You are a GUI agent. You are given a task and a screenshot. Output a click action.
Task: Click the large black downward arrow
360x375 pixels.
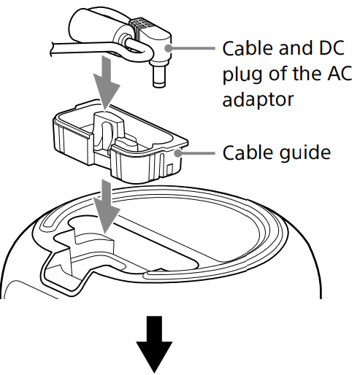[154, 344]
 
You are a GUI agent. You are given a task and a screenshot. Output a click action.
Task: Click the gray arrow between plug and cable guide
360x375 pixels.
[107, 82]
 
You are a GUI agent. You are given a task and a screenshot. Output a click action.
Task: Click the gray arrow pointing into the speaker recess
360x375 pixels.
[107, 206]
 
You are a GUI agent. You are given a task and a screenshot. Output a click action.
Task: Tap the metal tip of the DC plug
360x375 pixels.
[159, 77]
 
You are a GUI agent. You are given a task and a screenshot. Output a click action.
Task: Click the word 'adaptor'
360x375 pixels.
[258, 100]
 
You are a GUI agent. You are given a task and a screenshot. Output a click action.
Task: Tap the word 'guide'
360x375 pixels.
[305, 152]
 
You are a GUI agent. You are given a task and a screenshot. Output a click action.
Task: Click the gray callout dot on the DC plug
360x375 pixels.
[168, 48]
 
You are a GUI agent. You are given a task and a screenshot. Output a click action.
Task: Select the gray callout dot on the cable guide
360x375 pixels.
[178, 153]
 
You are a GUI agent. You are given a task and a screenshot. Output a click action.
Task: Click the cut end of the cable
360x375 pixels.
[52, 49]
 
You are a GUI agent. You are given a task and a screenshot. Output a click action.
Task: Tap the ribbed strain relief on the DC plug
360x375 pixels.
[142, 28]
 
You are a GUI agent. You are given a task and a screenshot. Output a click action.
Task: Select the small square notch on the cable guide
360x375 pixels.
[169, 169]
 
